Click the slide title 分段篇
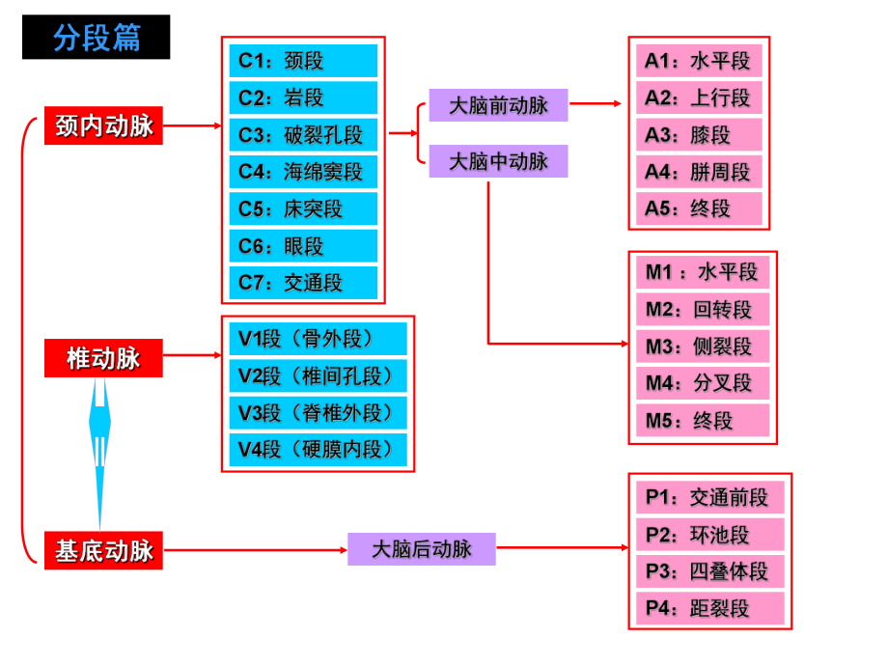point(97,38)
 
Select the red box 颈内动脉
point(104,125)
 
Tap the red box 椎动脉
point(104,358)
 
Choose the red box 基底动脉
point(104,550)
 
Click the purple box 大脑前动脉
point(498,105)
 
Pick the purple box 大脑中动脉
point(498,161)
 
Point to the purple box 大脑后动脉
point(422,549)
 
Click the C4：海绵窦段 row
point(303,172)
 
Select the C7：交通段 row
point(303,283)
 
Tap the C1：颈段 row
point(303,62)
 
